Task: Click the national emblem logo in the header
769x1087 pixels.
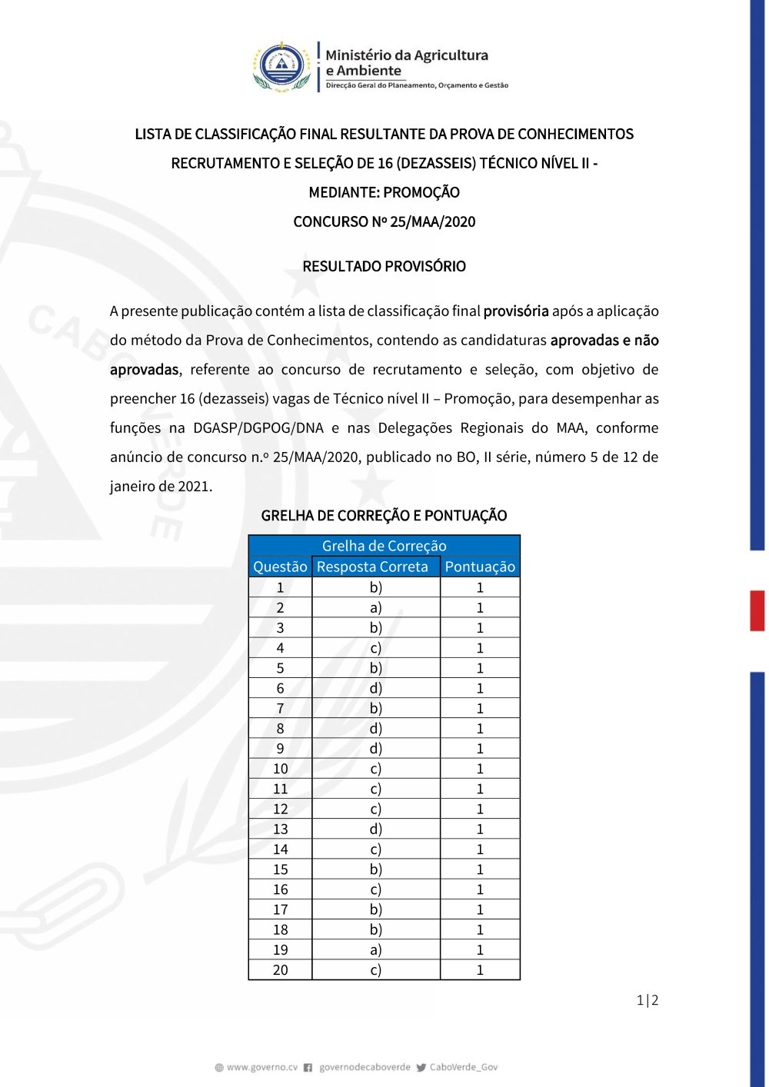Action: tap(282, 66)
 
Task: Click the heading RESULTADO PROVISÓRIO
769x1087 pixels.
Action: tap(384, 267)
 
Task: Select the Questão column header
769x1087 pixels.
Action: tap(280, 567)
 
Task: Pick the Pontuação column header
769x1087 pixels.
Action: tap(480, 567)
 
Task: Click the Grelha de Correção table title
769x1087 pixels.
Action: tap(384, 546)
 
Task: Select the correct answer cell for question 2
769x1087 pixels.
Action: tap(375, 607)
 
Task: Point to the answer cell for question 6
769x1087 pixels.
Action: tap(375, 688)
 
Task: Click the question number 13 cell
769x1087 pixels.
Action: tap(280, 829)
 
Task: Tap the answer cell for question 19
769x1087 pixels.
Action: tap(375, 949)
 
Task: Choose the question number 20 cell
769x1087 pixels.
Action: tap(280, 970)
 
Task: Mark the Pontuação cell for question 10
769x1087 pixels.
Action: tap(480, 769)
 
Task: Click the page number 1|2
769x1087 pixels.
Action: tap(647, 1000)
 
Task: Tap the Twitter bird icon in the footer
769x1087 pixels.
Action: tap(421, 1067)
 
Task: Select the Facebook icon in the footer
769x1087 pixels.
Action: tap(308, 1067)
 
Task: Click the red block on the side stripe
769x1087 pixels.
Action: tap(757, 610)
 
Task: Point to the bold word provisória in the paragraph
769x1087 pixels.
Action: tap(516, 311)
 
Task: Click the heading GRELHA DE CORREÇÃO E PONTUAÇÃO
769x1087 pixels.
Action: tap(384, 516)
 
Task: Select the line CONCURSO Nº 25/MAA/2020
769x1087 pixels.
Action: tap(384, 222)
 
